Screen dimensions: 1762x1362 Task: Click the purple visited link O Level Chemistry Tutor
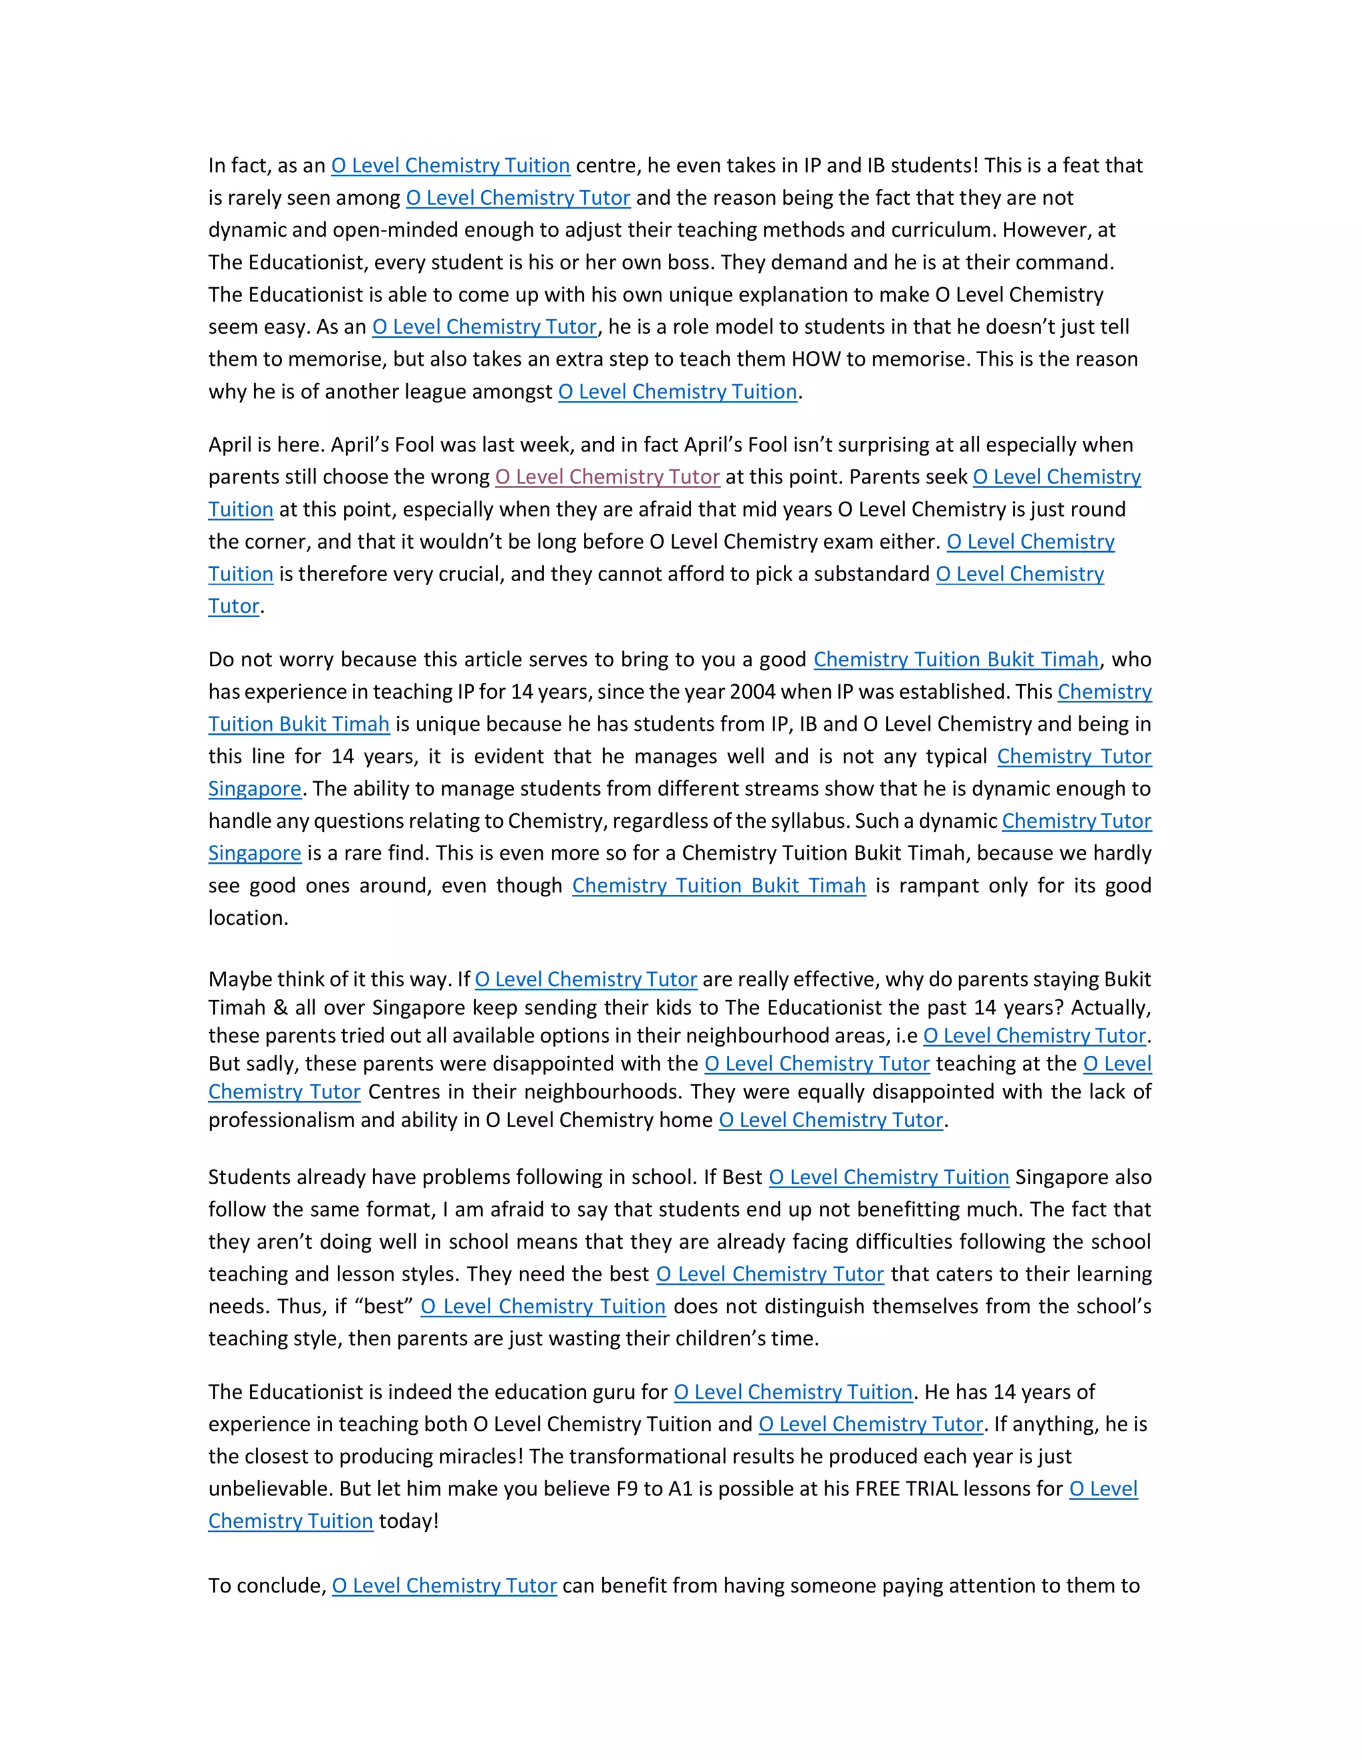click(x=607, y=477)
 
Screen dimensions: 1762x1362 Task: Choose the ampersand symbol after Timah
click(x=280, y=1007)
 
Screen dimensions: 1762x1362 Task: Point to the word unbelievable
click(x=269, y=1489)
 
